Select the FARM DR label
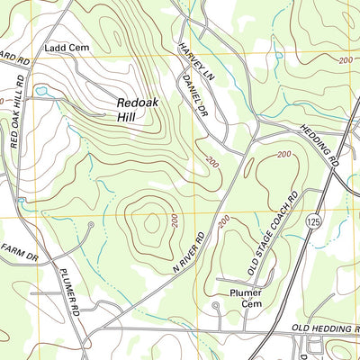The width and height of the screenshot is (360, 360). coord(18,252)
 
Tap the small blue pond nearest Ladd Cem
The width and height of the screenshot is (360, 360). coord(41,90)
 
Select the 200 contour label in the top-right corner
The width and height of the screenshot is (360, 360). coord(346,58)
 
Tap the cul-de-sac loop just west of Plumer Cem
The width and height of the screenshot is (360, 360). coord(215,308)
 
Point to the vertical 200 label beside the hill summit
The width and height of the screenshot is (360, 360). coord(175,220)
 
